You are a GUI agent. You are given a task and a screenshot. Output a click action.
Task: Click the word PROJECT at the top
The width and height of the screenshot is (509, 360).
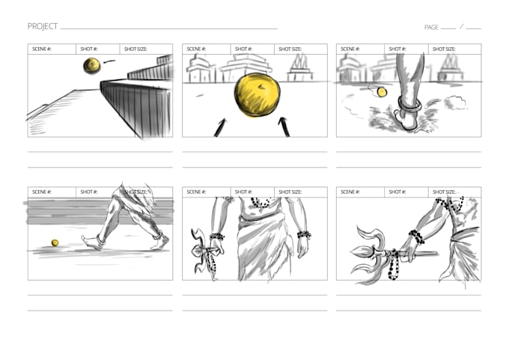[x=42, y=26]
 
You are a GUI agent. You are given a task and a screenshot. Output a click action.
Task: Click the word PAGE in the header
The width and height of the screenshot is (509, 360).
[x=431, y=27]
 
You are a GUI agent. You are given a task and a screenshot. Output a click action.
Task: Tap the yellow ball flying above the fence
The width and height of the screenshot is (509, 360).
[x=92, y=66]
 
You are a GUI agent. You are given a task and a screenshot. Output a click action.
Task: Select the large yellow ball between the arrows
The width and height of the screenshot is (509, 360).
[x=257, y=94]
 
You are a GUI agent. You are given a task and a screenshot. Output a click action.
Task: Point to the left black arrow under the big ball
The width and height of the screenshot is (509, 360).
[x=220, y=127]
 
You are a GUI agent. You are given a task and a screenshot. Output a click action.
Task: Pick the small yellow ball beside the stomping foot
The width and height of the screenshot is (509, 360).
[x=382, y=92]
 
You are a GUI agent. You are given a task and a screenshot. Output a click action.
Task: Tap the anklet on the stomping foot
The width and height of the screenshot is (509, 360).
[x=409, y=105]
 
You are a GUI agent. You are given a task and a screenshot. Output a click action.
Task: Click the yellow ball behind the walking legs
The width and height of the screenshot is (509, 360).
[x=55, y=242]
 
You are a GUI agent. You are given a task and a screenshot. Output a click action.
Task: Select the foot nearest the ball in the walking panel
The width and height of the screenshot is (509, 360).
[x=93, y=242]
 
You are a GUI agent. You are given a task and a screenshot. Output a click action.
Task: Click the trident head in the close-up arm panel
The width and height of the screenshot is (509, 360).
[x=366, y=252]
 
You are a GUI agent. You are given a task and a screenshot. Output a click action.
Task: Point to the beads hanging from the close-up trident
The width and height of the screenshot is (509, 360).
[x=394, y=265]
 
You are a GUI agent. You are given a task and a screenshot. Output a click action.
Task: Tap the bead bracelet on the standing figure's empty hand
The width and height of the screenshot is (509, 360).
[x=303, y=234]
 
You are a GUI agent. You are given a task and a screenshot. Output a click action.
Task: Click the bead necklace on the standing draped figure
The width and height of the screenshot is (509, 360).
[x=260, y=204]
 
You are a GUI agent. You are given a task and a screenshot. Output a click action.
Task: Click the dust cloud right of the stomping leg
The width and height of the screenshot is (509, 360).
[x=455, y=103]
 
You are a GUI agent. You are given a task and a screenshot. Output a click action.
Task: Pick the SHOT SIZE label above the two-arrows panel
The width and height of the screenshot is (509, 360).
[x=290, y=49]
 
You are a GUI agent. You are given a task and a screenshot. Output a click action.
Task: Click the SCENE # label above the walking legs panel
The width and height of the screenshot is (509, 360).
[x=42, y=192]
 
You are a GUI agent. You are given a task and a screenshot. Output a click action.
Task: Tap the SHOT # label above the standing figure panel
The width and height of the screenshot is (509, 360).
[x=243, y=192]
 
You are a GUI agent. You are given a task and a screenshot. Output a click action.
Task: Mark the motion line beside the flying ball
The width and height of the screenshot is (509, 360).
[x=109, y=61]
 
